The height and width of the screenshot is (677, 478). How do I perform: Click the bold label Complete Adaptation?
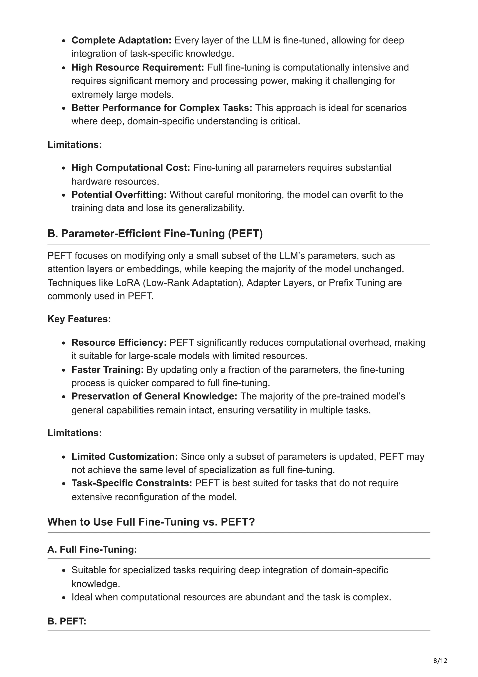[121, 40]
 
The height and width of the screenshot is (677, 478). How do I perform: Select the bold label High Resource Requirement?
[137, 67]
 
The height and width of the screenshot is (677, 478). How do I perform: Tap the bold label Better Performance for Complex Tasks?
[162, 108]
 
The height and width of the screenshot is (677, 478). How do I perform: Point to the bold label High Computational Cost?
[131, 167]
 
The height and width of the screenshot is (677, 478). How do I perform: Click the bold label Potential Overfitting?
[119, 195]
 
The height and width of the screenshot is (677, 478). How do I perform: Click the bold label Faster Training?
[108, 370]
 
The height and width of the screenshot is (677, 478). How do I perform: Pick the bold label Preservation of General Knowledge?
[154, 396]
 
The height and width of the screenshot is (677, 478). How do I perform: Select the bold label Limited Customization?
[125, 456]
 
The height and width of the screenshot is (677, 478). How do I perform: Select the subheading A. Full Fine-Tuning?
[92, 549]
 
